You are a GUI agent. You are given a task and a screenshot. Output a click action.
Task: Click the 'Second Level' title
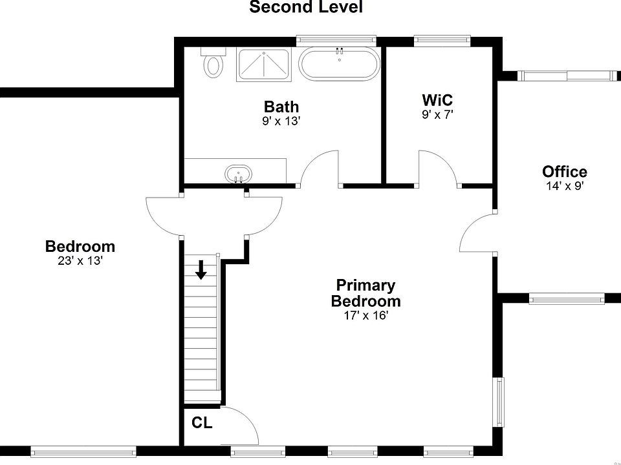click(306, 8)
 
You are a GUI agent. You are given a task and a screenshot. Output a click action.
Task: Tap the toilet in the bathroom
click(213, 63)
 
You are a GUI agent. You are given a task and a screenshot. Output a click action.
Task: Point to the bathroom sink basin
click(238, 174)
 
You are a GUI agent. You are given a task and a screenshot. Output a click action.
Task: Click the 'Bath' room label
click(281, 107)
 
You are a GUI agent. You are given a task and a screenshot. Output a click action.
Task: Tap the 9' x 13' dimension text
click(281, 121)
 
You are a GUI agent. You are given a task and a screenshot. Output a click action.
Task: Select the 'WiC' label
click(437, 101)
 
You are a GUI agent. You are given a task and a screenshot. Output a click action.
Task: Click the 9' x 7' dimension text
click(437, 115)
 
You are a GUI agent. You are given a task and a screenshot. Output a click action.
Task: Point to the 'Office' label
click(565, 172)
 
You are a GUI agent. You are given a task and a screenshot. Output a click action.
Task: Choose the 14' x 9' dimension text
click(565, 186)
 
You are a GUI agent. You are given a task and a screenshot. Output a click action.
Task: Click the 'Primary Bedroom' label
click(365, 293)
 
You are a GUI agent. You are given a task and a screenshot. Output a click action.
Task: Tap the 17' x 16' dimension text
click(365, 316)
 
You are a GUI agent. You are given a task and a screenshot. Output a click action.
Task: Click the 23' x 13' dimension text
click(80, 261)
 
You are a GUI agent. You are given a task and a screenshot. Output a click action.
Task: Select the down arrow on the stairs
click(201, 270)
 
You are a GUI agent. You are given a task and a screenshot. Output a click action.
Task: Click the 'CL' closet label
click(202, 424)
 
